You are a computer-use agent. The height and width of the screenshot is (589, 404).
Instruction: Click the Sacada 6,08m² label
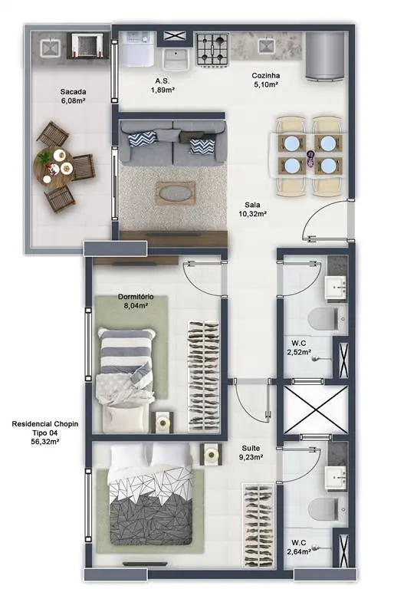pyautogui.click(x=73, y=96)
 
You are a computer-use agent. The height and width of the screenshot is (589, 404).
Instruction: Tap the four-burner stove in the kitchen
pyautogui.click(x=212, y=50)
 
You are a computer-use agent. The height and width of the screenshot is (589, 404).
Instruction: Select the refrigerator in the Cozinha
pyautogui.click(x=325, y=56)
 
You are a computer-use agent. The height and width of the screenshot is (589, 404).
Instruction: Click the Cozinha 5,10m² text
pyautogui.click(x=266, y=80)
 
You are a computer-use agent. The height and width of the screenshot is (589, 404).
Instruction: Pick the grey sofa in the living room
pyautogui.click(x=172, y=143)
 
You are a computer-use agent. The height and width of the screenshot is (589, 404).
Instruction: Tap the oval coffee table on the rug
pyautogui.click(x=176, y=193)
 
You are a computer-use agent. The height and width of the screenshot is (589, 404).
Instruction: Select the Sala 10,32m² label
pyautogui.click(x=252, y=209)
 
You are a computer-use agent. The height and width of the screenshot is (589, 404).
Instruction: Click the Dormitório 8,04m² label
pyautogui.click(x=136, y=301)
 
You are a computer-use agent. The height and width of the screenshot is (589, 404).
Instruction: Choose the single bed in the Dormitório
pyautogui.click(x=126, y=380)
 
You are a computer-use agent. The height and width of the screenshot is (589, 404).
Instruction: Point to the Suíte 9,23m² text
pyautogui.click(x=251, y=452)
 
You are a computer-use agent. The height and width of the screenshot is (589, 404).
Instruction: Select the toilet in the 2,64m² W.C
pyautogui.click(x=324, y=509)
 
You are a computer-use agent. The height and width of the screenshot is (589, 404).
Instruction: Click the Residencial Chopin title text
pyautogui.click(x=45, y=423)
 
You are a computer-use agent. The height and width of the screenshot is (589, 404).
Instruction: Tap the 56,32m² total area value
pyautogui.click(x=45, y=442)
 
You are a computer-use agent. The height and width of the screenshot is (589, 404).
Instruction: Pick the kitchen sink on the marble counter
pyautogui.click(x=266, y=46)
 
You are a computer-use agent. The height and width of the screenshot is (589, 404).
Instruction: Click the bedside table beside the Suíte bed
pyautogui.click(x=211, y=455)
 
